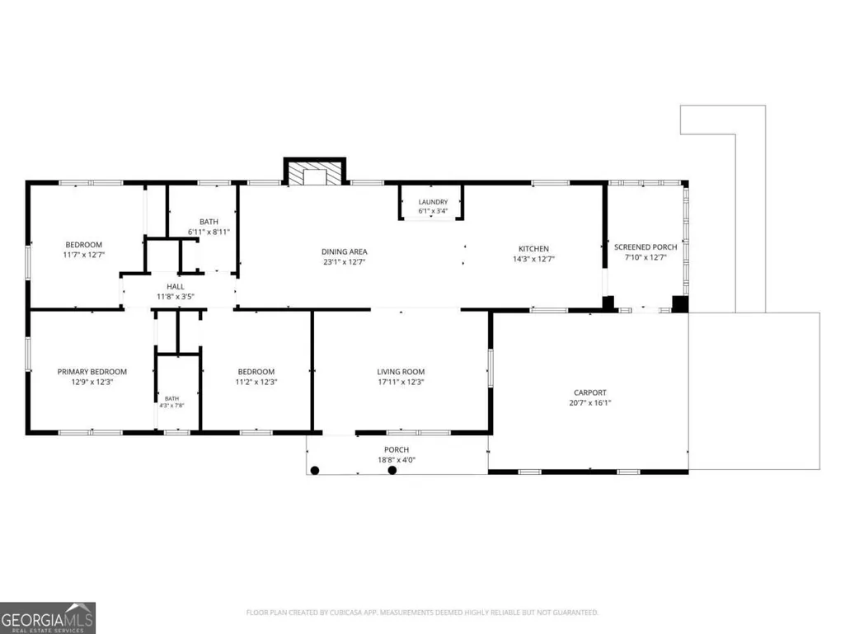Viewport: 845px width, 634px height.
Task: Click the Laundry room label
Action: coord(434,202)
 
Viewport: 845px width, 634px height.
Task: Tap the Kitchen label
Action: coord(533,248)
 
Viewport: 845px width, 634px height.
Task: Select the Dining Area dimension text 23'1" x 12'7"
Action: coord(345,262)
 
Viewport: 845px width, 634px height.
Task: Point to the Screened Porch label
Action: coord(645,247)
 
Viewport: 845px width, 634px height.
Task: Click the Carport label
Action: coord(590,392)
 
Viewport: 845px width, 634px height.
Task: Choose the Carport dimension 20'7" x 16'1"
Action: coord(590,402)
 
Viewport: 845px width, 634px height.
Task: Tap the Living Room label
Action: coord(401,372)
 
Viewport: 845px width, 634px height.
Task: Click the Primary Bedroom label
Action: coord(92,372)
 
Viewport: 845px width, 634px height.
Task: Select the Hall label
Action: coord(175,286)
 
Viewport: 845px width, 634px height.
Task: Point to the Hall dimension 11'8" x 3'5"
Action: coord(175,297)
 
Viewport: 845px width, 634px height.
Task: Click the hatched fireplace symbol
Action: coord(315,171)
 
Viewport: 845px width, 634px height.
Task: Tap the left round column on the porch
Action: coord(315,470)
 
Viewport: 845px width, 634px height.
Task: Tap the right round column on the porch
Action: coord(392,470)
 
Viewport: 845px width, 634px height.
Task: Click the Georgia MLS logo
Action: coord(48,618)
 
